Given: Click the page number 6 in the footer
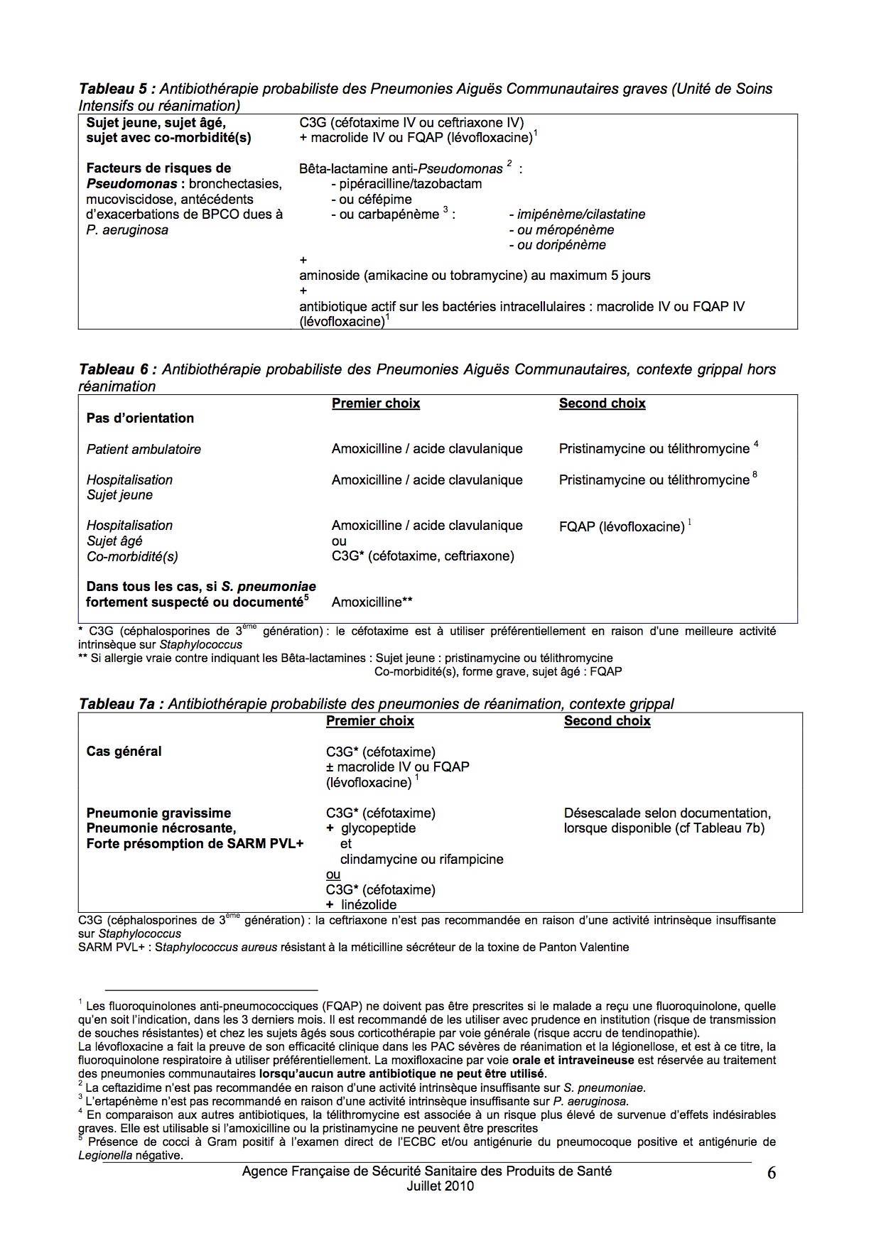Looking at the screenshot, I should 771,1173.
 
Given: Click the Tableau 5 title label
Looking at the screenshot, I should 116,89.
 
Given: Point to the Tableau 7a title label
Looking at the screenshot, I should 121,704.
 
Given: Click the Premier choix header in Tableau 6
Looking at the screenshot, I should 376,403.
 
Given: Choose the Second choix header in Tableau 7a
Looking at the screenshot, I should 607,721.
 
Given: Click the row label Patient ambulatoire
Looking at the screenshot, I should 144,449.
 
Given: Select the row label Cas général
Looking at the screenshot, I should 124,751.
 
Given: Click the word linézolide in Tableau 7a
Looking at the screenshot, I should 369,904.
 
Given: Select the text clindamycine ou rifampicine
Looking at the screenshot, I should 421,859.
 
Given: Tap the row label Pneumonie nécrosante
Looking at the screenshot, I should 161,828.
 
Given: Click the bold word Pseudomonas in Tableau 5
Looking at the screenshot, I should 131,184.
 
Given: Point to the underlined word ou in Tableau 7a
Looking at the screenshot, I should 333,874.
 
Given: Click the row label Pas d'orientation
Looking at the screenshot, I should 140,418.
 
